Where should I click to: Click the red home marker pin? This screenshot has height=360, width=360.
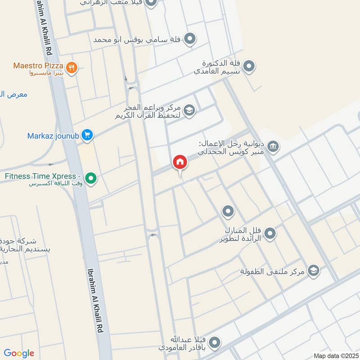[180, 162]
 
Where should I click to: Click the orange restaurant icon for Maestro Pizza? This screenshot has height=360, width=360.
[71, 68]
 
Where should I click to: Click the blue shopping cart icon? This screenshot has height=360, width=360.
[87, 135]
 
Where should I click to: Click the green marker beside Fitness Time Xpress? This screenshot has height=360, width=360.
[91, 180]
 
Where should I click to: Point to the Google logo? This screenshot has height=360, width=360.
[19, 353]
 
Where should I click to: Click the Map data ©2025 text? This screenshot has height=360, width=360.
[335, 356]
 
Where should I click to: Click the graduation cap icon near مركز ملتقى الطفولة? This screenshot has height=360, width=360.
[314, 270]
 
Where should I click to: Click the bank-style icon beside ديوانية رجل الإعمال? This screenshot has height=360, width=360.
[273, 147]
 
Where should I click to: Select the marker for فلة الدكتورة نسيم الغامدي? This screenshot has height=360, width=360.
[250, 67]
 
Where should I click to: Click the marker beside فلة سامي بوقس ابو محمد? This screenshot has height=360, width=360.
[190, 39]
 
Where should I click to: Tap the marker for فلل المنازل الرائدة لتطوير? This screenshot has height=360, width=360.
[270, 233]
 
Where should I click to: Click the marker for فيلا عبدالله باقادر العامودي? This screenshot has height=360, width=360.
[216, 343]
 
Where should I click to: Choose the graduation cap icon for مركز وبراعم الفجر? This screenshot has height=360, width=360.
[190, 111]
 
